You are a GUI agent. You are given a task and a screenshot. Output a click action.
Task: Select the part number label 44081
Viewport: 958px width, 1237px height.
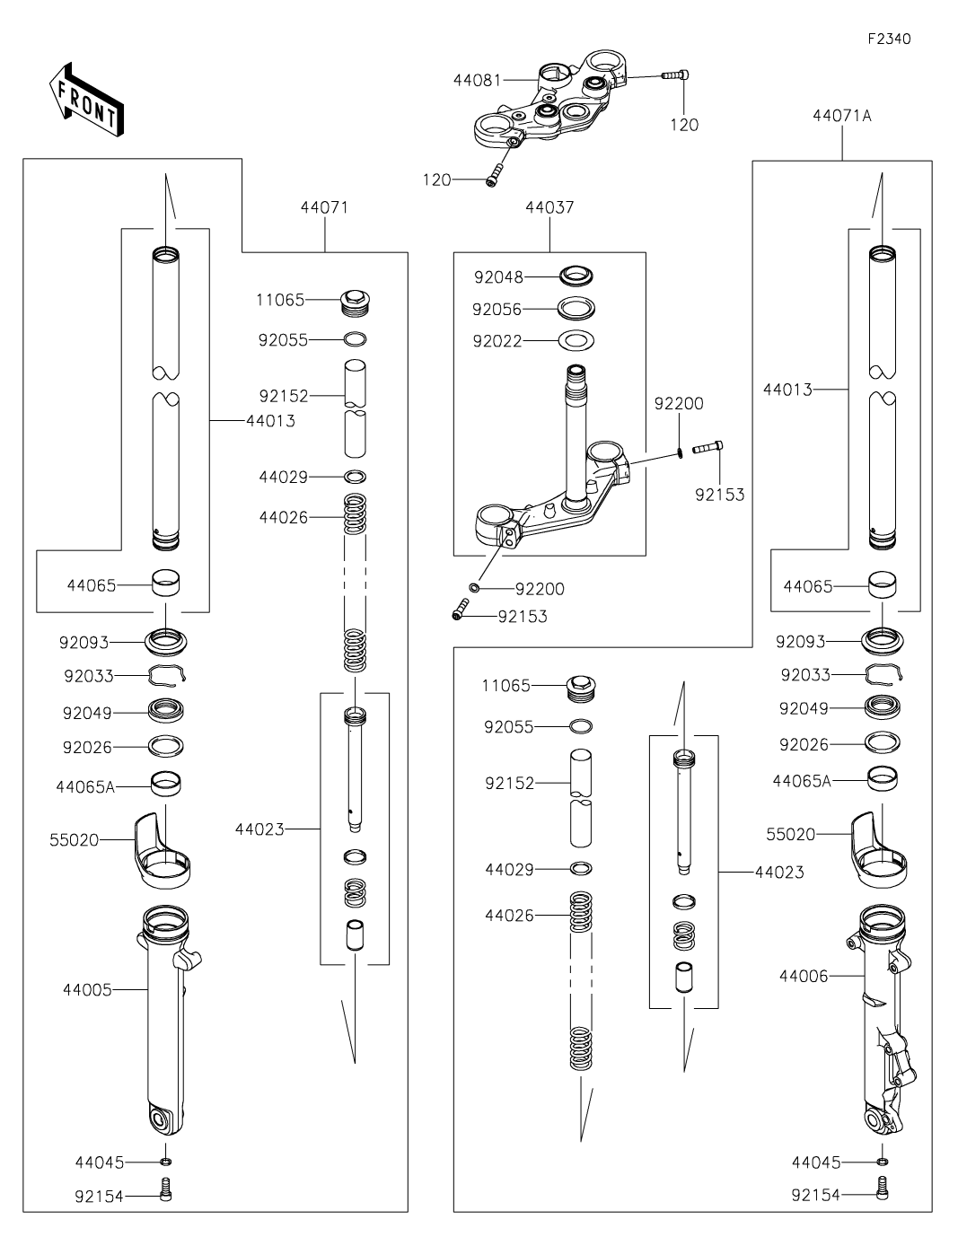coord(476,80)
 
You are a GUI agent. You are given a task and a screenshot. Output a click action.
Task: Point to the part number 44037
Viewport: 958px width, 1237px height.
coord(549,207)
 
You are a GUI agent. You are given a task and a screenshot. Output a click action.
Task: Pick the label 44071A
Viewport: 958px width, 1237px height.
coord(842,116)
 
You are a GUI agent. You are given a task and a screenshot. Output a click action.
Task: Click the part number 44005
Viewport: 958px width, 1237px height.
coord(87,990)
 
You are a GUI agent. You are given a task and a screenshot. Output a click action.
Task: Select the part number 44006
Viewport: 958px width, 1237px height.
coord(804,975)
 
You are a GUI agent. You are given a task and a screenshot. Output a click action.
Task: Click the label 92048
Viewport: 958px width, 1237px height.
coord(498,277)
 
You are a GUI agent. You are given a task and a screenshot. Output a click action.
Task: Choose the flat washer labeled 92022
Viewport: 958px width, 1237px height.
coord(577,341)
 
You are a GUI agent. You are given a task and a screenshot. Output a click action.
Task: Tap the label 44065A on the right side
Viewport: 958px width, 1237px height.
coord(802,781)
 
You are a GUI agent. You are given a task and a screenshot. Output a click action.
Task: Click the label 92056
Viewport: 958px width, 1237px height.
coord(497,310)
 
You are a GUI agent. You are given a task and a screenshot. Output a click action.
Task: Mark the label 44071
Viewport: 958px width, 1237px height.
coord(323,207)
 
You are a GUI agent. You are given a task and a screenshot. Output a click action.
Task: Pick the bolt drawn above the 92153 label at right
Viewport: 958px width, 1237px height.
coord(708,446)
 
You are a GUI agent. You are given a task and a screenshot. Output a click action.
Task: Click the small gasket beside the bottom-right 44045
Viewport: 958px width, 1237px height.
coord(883,1162)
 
